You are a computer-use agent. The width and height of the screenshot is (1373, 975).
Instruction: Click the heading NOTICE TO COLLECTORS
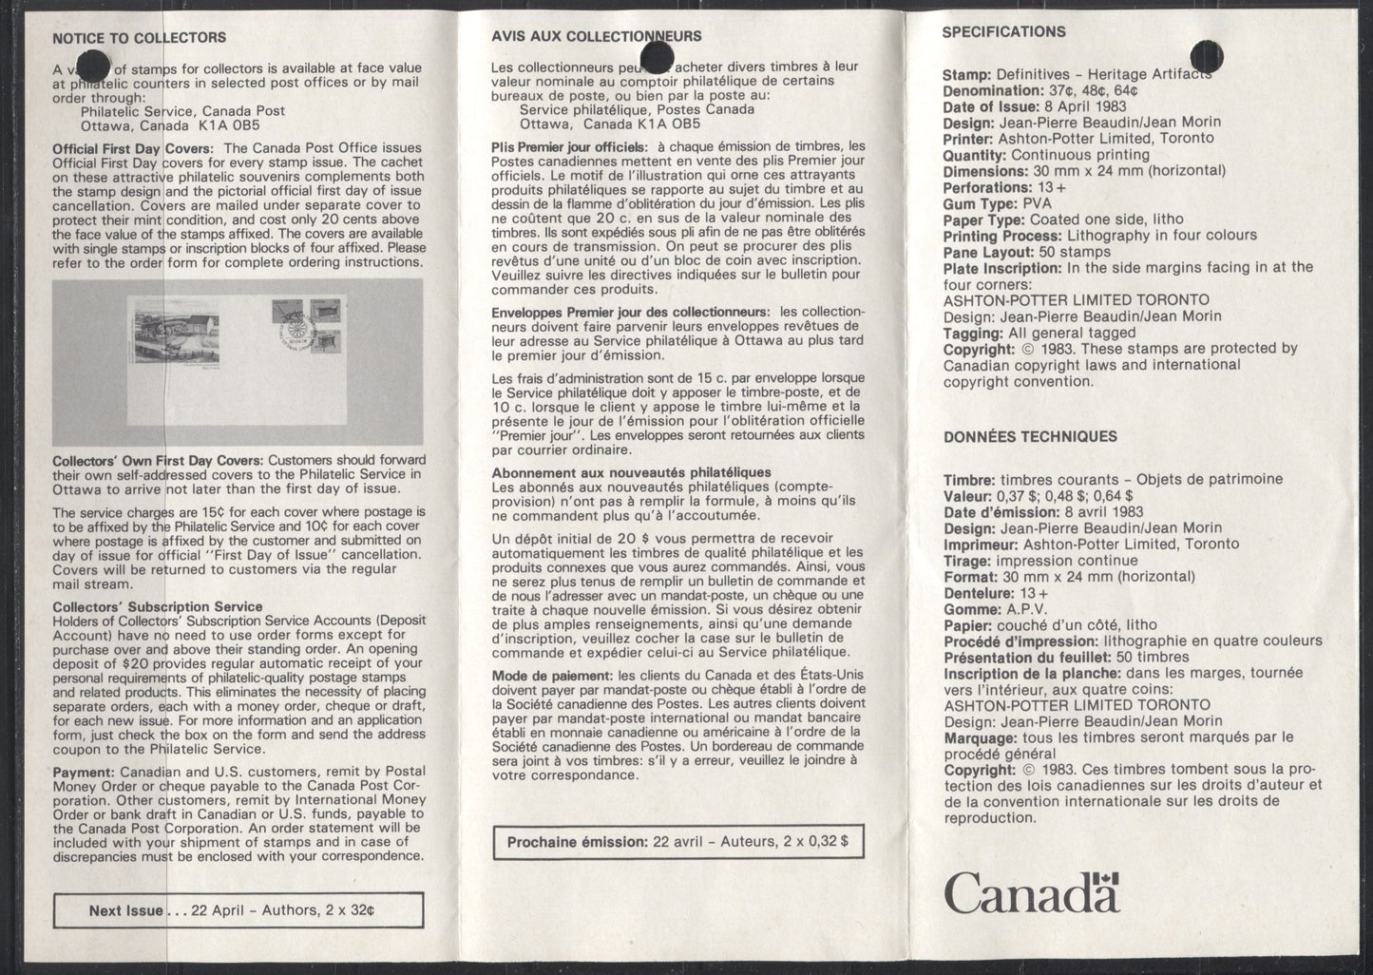click(x=139, y=38)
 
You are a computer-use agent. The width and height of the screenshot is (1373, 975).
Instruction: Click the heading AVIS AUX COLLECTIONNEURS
click(x=597, y=37)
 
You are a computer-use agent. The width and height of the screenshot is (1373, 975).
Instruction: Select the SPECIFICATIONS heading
click(x=1003, y=31)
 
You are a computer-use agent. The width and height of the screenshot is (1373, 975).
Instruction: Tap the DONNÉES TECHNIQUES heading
click(x=1016, y=437)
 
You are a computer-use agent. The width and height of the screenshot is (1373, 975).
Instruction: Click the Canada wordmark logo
click(x=1031, y=892)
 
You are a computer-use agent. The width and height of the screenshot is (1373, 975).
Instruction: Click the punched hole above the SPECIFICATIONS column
click(x=1204, y=52)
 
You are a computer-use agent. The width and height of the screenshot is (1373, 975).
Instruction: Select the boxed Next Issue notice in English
click(x=238, y=910)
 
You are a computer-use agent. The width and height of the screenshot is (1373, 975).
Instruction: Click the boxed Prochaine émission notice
click(x=678, y=841)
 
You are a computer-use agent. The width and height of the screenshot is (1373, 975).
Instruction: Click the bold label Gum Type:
click(x=978, y=203)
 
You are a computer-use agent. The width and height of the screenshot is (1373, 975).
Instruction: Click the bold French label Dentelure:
click(x=980, y=593)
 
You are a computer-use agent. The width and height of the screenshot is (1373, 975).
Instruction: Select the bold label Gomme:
click(x=970, y=609)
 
